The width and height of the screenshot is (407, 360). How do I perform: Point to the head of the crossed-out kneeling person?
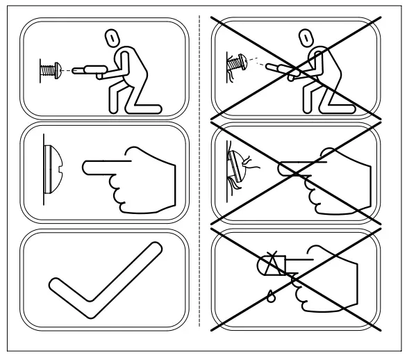click(303, 40)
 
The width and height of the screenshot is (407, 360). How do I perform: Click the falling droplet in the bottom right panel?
click(269, 296)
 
